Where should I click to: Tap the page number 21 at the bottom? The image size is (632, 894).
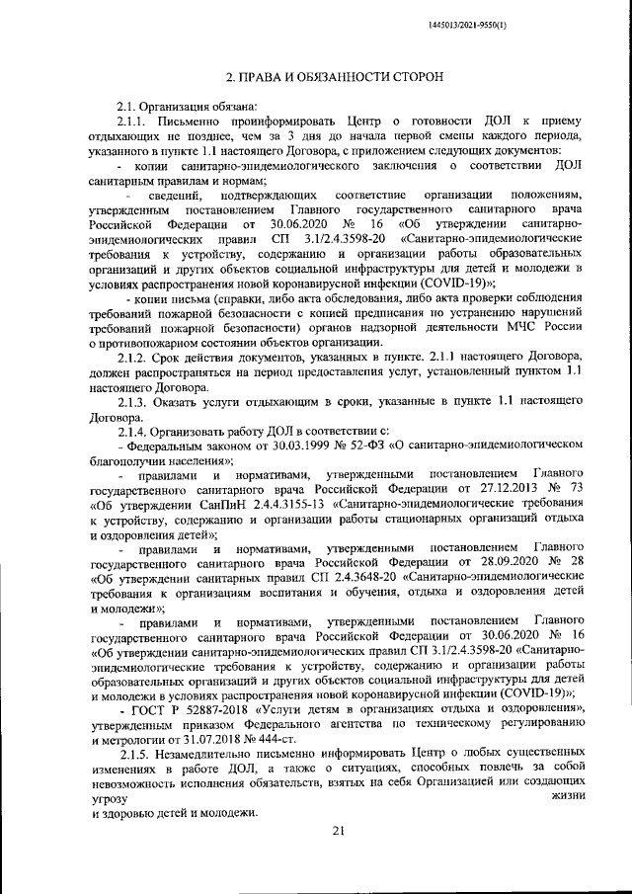pyautogui.click(x=337, y=832)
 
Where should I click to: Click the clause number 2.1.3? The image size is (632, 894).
pyautogui.click(x=136, y=430)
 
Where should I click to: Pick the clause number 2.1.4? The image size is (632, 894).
pyautogui.click(x=136, y=459)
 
